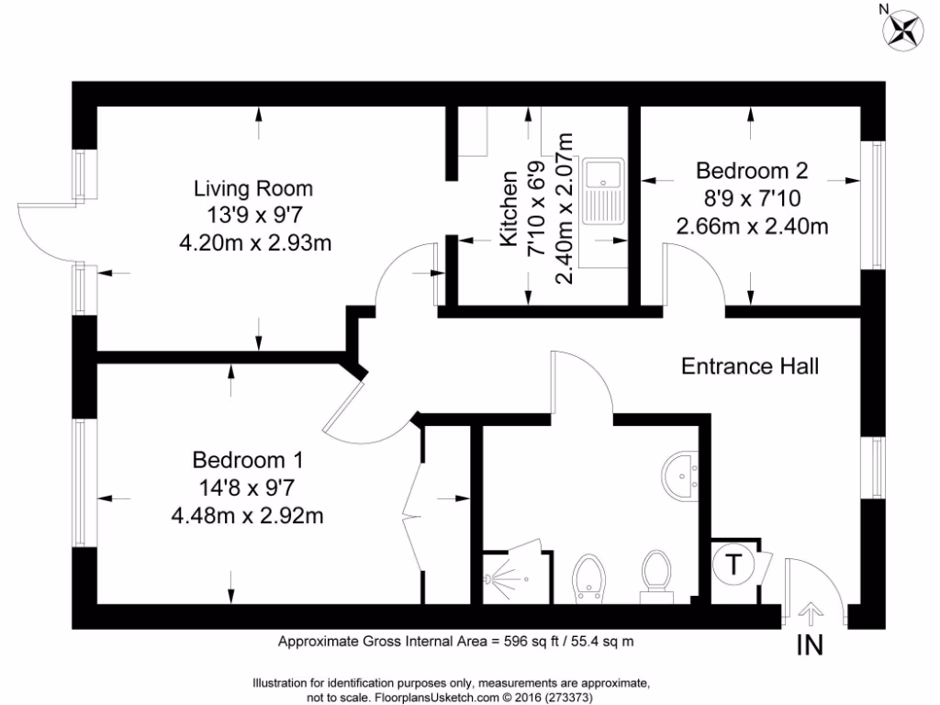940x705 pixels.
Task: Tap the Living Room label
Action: click(252, 189)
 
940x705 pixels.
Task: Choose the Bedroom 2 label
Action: click(751, 171)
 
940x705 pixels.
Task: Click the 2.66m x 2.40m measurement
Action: click(751, 225)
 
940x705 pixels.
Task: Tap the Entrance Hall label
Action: click(750, 366)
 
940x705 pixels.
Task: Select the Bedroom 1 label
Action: click(247, 459)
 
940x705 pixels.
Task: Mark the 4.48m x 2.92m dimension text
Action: click(247, 515)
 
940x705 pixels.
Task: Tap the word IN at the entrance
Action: click(809, 645)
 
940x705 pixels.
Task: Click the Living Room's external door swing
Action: click(44, 229)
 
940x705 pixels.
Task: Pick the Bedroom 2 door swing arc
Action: click(696, 276)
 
